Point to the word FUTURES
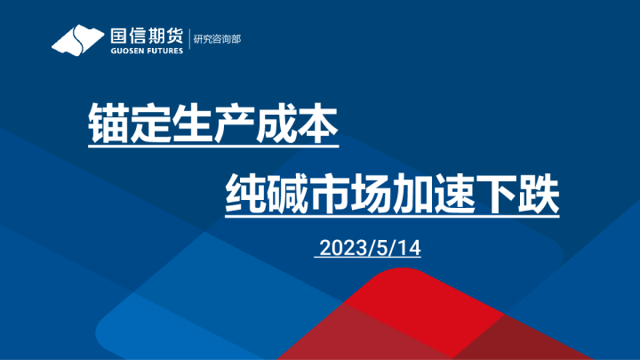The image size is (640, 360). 166,51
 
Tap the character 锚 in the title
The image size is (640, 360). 108,128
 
